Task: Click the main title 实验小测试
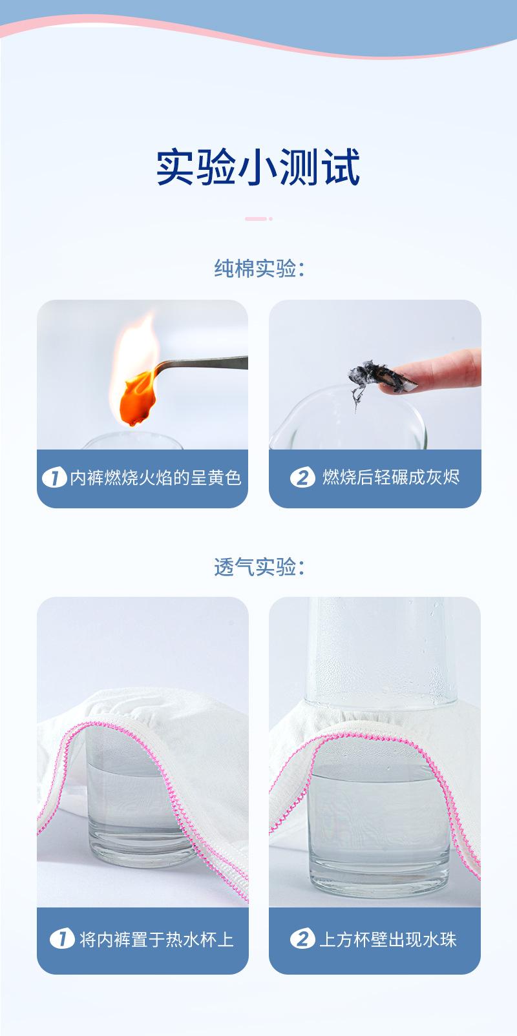click(x=258, y=167)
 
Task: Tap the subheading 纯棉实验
click(x=258, y=268)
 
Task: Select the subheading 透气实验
click(x=258, y=566)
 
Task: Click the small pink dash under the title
click(x=258, y=219)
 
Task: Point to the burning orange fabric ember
click(x=138, y=398)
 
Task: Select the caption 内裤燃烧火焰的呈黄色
click(x=156, y=478)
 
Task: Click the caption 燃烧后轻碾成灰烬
click(x=391, y=477)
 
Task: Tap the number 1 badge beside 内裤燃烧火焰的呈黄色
click(x=54, y=478)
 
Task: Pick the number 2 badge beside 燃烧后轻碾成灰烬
click(x=302, y=478)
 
